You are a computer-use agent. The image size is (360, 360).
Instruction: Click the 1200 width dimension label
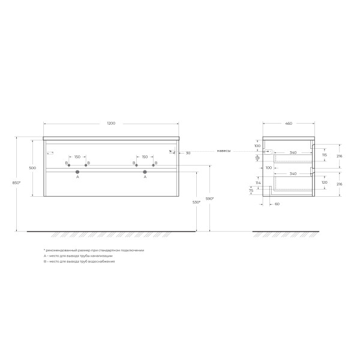[111, 124]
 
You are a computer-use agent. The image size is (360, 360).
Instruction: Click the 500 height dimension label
[33, 167]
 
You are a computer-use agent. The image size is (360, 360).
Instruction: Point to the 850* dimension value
[17, 182]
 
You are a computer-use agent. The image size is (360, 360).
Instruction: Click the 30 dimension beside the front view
[188, 152]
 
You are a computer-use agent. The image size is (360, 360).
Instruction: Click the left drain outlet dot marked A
[77, 172]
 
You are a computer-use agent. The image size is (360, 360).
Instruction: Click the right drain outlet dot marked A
[145, 172]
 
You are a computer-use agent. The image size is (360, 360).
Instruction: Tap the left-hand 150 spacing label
[77, 157]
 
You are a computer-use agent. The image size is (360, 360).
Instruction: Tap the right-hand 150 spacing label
[145, 157]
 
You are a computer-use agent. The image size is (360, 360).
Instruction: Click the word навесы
[224, 151]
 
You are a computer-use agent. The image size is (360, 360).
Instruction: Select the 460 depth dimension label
[288, 124]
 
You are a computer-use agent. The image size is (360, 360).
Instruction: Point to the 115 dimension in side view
[325, 155]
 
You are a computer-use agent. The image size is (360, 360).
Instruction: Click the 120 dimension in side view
[325, 181]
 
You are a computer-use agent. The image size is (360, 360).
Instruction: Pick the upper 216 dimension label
[340, 155]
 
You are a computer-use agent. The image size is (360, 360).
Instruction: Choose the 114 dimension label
[258, 183]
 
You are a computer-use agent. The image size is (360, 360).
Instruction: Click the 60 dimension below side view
[277, 203]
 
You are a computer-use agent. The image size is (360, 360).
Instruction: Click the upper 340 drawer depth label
[292, 152]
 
